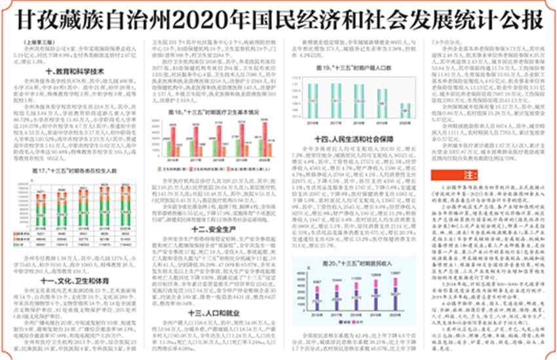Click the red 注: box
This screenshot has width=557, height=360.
[x=468, y=176]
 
